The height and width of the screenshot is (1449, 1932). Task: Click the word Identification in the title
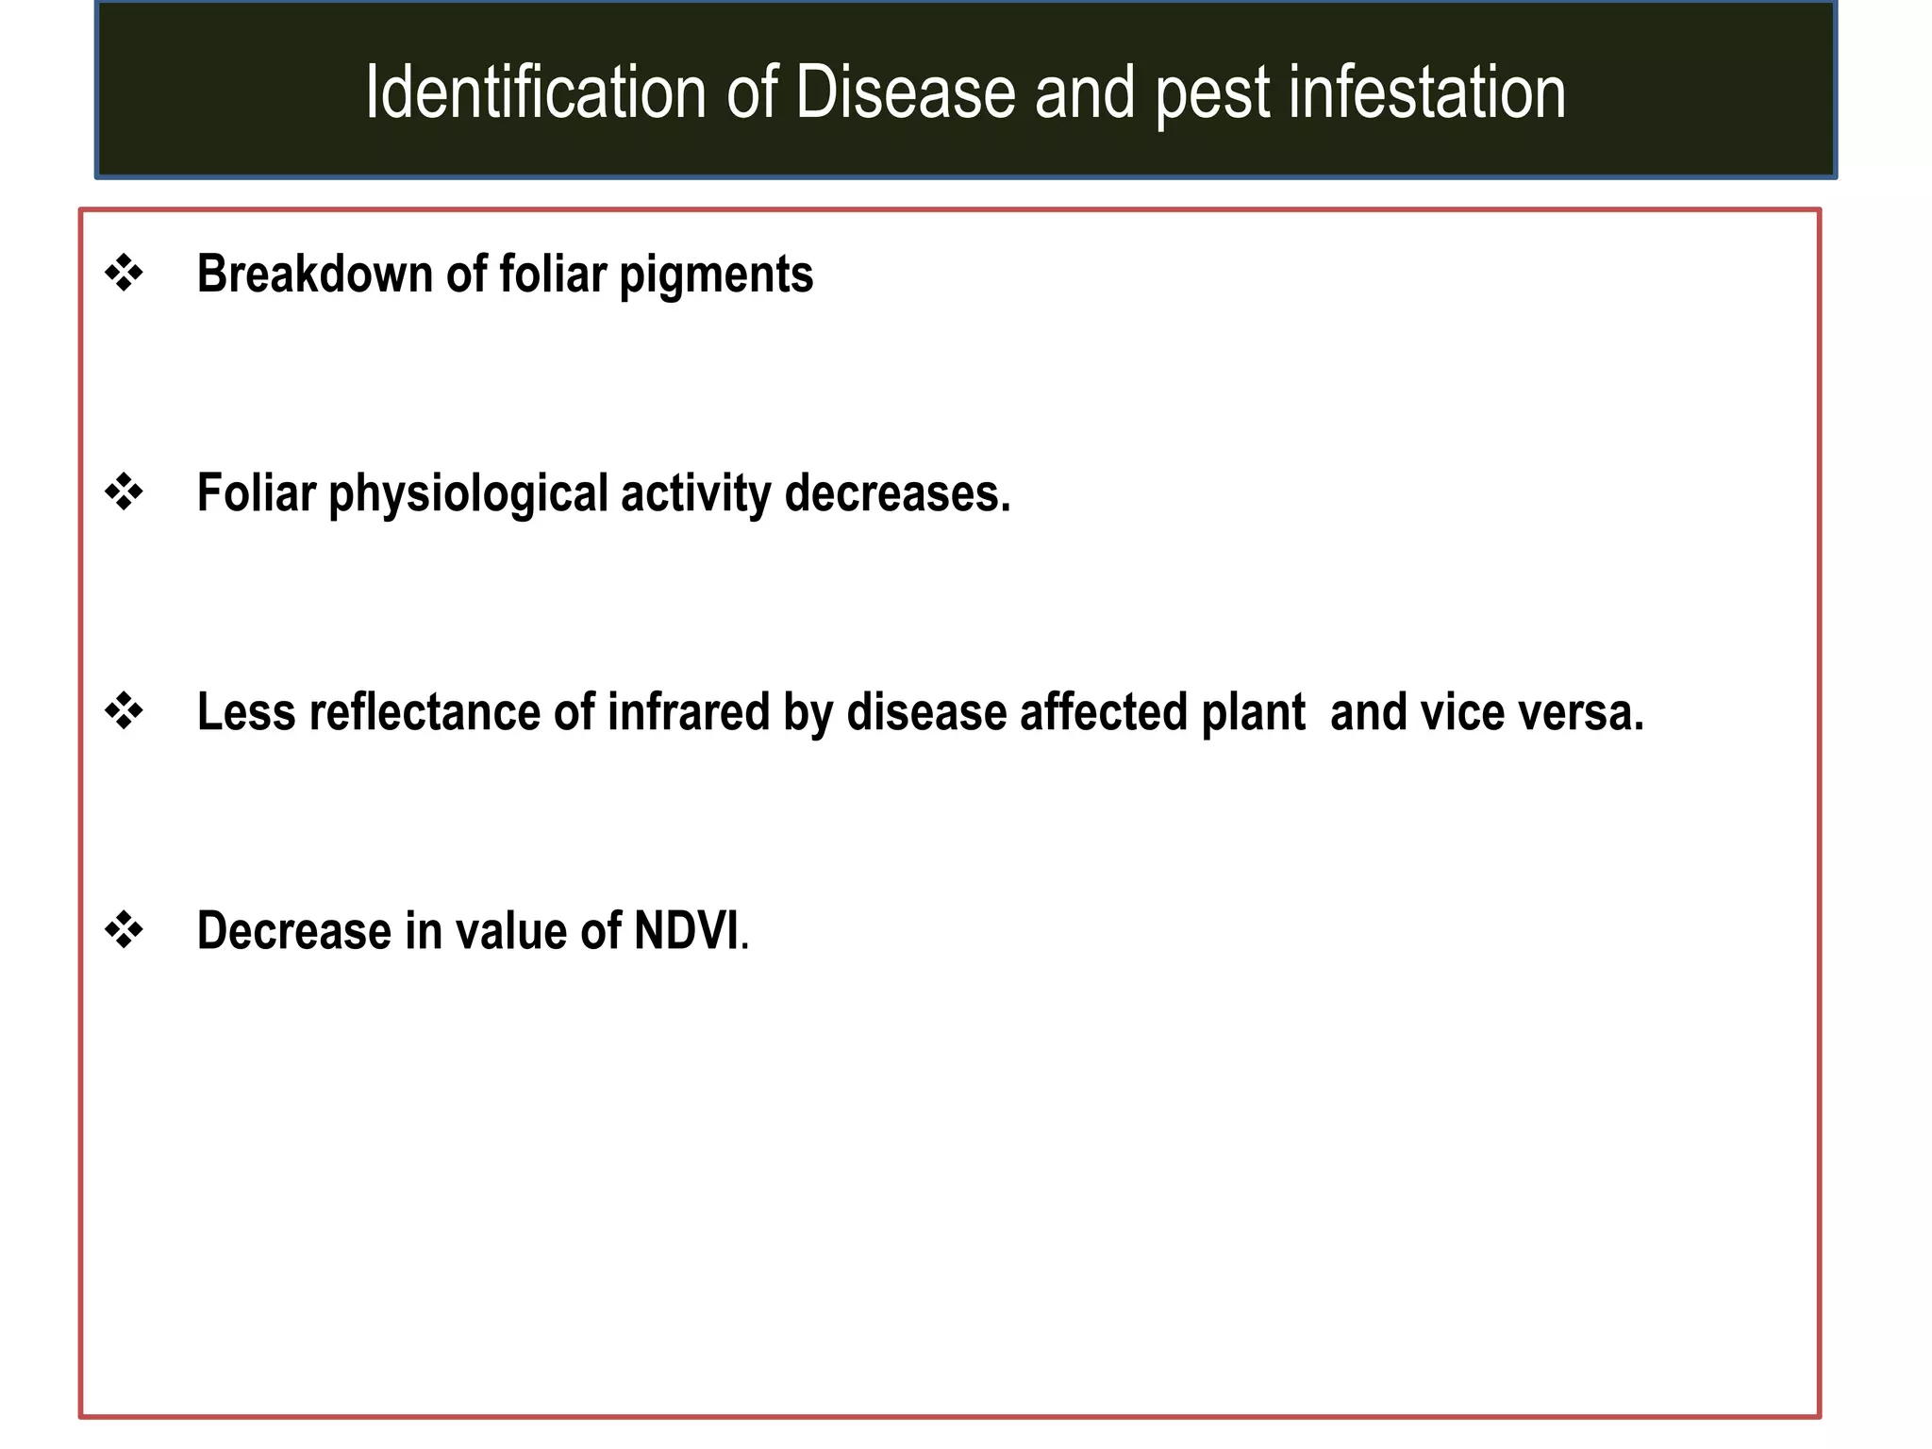(x=536, y=92)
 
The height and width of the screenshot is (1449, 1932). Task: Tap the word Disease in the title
(x=905, y=92)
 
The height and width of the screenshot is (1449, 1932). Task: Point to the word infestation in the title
(x=1426, y=92)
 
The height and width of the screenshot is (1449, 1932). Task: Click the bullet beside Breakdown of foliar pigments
(x=124, y=274)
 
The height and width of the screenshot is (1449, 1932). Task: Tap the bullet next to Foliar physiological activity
(x=124, y=492)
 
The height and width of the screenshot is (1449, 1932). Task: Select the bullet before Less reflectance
(x=124, y=711)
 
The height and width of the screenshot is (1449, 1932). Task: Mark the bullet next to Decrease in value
(x=124, y=930)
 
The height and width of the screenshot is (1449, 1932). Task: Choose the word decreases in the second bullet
(x=897, y=493)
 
